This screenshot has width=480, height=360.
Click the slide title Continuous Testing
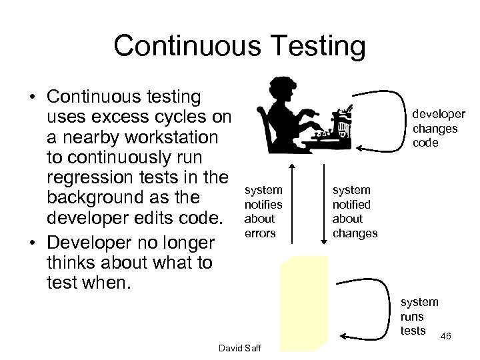tap(239, 46)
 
